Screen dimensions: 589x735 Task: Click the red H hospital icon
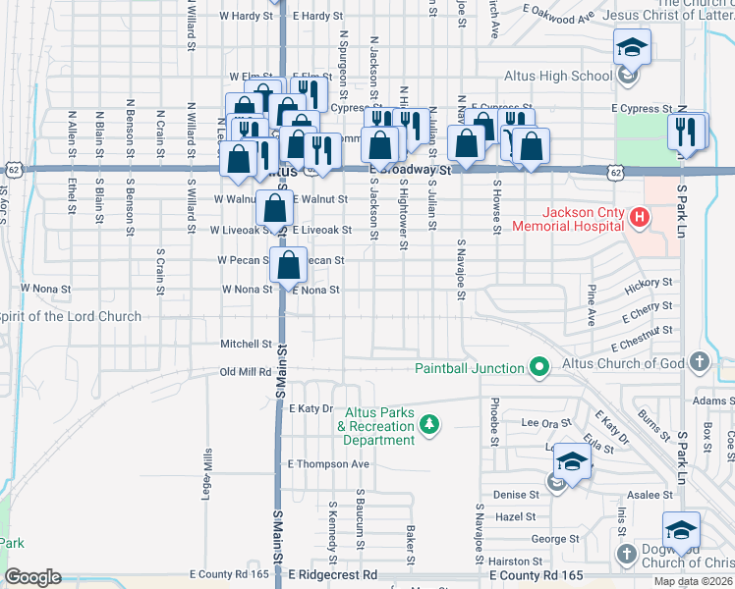(639, 215)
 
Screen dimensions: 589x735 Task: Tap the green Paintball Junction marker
(538, 368)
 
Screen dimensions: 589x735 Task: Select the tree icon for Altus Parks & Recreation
(428, 425)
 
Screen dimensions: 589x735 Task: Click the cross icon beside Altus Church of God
(699, 362)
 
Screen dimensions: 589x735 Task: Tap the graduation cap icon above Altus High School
(631, 46)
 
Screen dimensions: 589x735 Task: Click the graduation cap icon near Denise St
(572, 459)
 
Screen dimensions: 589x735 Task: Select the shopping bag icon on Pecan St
(288, 264)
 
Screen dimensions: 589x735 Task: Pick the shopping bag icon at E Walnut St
(276, 207)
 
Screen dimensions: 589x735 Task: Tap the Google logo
(32, 577)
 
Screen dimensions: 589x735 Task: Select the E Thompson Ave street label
(327, 464)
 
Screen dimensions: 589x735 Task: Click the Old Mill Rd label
(246, 372)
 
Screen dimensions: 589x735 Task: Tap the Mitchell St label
(246, 345)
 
